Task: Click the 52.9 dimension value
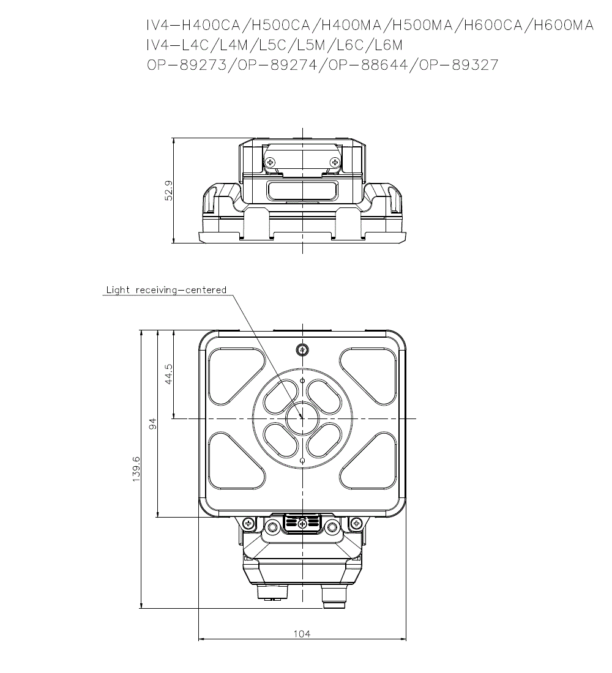click(x=168, y=190)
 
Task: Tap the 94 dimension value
click(x=152, y=423)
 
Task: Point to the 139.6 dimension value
click(x=136, y=469)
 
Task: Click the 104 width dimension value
click(x=302, y=633)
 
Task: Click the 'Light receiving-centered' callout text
click(x=166, y=290)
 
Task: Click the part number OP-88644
click(x=367, y=65)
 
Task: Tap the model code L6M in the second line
click(x=388, y=45)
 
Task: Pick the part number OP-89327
click(x=458, y=65)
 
